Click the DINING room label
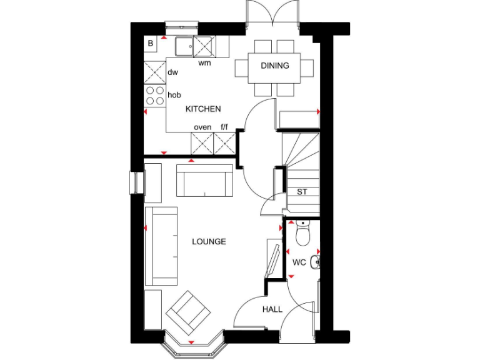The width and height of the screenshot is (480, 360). [275, 66]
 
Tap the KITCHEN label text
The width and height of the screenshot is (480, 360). [203, 109]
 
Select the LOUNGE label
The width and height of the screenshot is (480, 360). [209, 241]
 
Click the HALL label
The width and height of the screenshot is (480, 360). [272, 309]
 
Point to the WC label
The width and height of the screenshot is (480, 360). [299, 262]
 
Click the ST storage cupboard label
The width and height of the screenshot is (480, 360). [302, 192]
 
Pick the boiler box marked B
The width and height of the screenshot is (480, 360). [151, 44]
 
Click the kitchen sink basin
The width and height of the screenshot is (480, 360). [184, 46]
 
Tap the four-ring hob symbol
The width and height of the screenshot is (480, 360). [154, 95]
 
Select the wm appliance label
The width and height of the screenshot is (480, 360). [204, 63]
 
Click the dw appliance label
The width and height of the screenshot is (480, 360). [172, 72]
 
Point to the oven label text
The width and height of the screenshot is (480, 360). [202, 127]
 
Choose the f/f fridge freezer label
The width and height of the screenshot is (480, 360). [224, 127]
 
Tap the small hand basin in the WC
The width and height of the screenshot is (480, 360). [315, 262]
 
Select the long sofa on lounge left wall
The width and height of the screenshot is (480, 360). [161, 246]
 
